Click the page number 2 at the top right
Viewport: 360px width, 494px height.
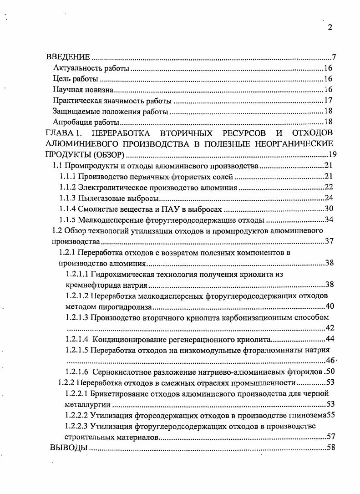pos(330,27)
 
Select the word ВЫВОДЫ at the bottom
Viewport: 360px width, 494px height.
pos(68,448)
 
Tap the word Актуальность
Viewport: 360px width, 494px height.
pos(74,69)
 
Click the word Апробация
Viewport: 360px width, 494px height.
pos(68,122)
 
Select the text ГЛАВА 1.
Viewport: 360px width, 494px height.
pos(64,133)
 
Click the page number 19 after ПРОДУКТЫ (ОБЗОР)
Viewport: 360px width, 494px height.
pos(332,154)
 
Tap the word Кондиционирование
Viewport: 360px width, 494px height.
pos(129,339)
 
